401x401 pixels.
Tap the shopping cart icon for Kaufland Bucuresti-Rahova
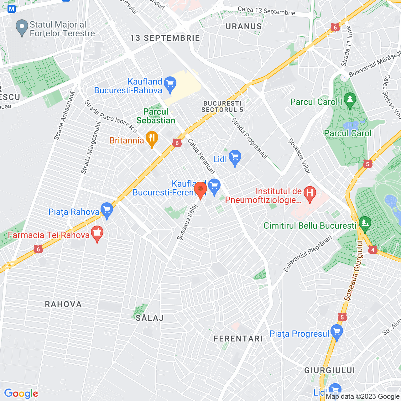tap(170, 84)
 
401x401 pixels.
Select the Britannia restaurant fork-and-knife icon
tap(152, 138)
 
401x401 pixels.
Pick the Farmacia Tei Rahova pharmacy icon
tap(97, 233)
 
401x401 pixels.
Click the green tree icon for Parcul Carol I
tap(350, 100)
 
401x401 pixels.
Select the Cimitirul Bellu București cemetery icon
tap(365, 224)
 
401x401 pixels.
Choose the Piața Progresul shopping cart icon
tap(337, 332)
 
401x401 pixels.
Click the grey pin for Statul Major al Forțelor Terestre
tap(22, 27)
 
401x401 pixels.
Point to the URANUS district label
tap(244, 27)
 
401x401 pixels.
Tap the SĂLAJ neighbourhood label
tap(150, 318)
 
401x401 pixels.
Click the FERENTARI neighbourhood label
tap(238, 339)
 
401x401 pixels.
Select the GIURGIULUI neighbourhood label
tap(330, 371)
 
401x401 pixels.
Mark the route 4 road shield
tap(372, 250)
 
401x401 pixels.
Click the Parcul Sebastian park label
tap(156, 116)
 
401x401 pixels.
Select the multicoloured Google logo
tap(21, 394)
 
